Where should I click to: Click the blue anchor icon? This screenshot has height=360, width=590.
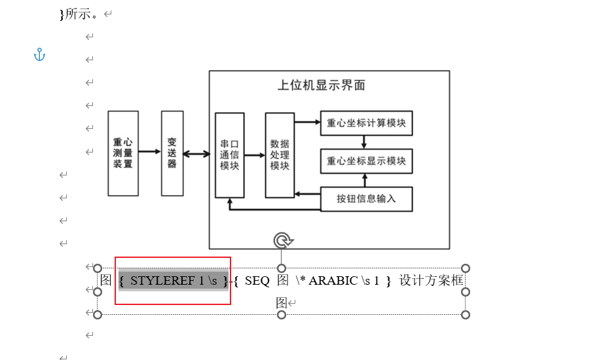coord(39,55)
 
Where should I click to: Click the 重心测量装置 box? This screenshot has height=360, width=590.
coord(123,153)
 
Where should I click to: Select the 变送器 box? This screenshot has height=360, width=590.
coord(172,153)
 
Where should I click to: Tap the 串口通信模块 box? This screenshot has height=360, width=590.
coord(230,155)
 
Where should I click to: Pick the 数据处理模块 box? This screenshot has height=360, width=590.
coord(280,155)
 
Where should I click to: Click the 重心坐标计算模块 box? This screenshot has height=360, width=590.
coord(366,122)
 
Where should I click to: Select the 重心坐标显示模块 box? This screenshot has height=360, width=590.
coord(366,160)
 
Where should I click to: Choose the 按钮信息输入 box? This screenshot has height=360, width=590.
coord(366,199)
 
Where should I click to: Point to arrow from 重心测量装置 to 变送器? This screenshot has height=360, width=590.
coord(150,152)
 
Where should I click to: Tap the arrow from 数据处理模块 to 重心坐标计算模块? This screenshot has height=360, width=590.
coord(307,122)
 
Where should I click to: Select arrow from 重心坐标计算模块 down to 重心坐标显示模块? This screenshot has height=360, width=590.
coord(364,142)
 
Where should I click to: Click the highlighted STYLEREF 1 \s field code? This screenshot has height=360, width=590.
coord(173,281)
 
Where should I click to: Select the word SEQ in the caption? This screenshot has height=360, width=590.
coord(257,281)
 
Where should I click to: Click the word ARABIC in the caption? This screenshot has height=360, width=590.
coord(333,281)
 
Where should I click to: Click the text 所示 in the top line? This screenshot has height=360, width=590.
coord(78,14)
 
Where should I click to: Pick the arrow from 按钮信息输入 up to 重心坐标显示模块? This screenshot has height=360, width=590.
coord(364,180)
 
